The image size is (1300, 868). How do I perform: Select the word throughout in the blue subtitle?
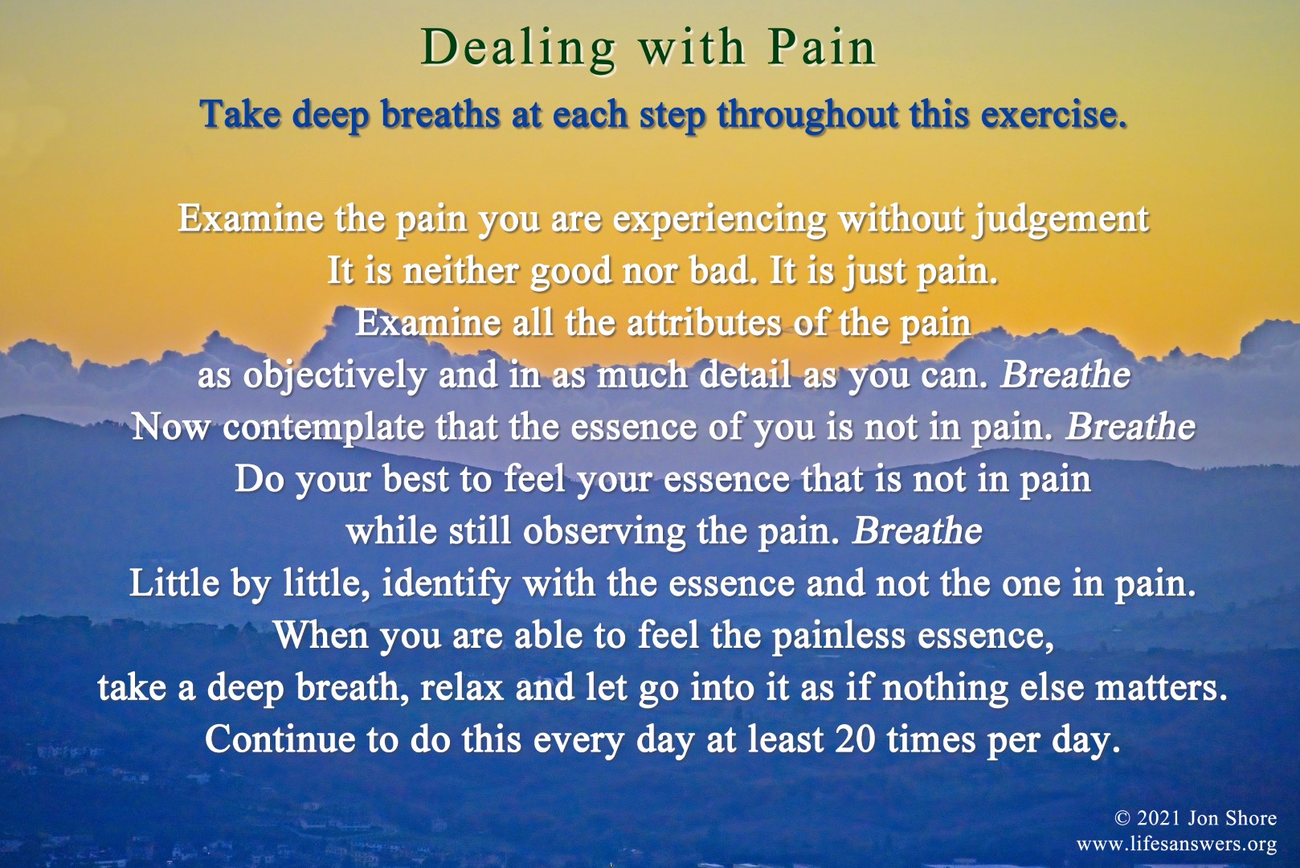tap(807, 115)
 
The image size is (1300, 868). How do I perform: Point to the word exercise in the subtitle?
tap(1053, 114)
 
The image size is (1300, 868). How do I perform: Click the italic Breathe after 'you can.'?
tap(1065, 375)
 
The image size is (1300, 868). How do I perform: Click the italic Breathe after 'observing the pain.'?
tap(917, 530)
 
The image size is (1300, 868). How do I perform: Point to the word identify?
tap(446, 584)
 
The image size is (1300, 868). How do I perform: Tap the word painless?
tap(839, 637)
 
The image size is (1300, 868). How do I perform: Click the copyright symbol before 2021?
tap(1123, 818)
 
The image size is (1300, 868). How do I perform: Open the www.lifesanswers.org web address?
tap(1176, 844)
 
